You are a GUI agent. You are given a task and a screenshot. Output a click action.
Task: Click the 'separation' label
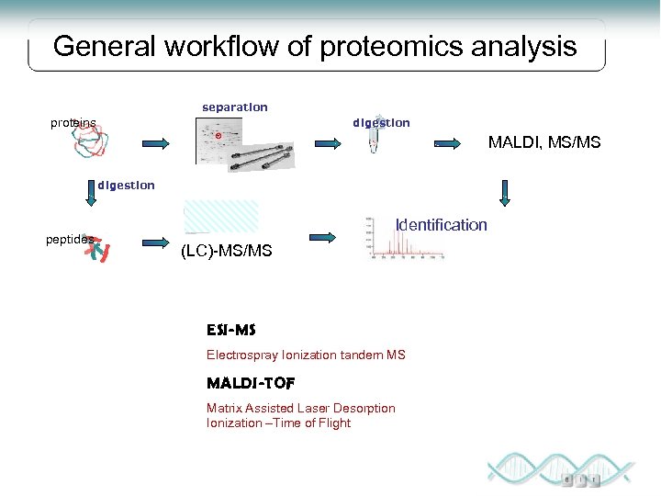pos(235,107)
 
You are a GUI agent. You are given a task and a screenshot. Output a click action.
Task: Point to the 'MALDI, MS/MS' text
pos(544,142)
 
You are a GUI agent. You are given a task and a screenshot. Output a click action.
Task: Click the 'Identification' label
pos(441,225)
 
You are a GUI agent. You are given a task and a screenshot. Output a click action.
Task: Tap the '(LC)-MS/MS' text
pos(227,250)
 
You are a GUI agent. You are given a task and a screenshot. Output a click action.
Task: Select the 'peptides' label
pos(70,239)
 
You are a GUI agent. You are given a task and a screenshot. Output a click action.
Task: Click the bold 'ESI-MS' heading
pos(230,330)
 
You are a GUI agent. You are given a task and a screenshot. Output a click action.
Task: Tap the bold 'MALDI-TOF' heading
pos(251,382)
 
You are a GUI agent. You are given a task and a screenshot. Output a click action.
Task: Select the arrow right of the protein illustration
pos(156,143)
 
